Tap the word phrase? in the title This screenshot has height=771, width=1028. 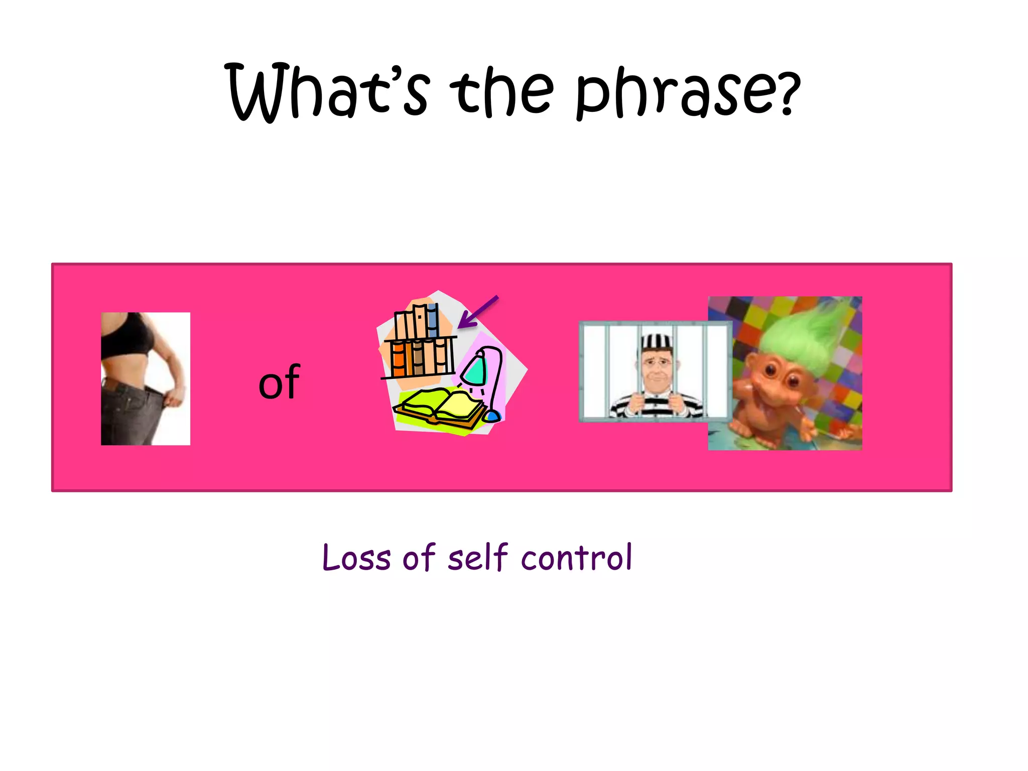(x=688, y=93)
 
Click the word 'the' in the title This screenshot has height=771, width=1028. (x=502, y=93)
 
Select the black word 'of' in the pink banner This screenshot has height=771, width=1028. (x=279, y=382)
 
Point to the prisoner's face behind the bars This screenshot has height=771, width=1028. (x=656, y=369)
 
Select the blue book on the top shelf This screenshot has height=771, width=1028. (x=432, y=321)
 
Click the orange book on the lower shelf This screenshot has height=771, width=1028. (x=398, y=359)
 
